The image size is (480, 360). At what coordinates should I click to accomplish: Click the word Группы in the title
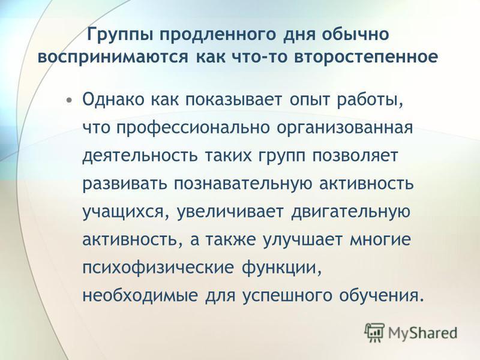click(x=120, y=35)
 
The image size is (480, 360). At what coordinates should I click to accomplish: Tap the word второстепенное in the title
click(x=366, y=57)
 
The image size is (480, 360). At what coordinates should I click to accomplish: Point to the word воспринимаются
click(x=112, y=57)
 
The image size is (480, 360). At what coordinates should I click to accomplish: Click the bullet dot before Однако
click(x=70, y=100)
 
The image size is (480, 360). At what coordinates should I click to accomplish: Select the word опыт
click(x=310, y=101)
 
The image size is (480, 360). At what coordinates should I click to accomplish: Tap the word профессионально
click(x=193, y=128)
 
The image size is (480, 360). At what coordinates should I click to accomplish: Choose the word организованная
click(x=345, y=128)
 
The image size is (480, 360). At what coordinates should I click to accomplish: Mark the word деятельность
click(x=140, y=156)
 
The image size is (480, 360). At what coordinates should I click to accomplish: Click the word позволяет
click(x=355, y=156)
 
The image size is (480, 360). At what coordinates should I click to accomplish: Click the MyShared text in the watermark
click(x=423, y=333)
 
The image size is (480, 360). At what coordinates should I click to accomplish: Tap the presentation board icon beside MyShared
click(x=374, y=332)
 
